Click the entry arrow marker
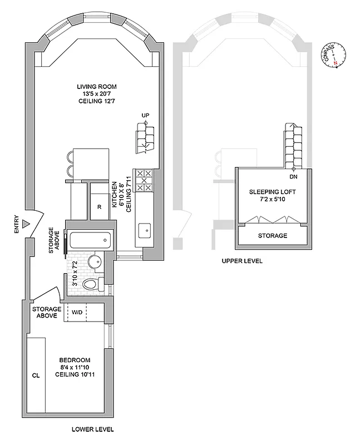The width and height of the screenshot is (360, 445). click(25, 224)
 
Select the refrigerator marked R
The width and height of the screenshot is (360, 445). click(98, 207)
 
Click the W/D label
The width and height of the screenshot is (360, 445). click(76, 312)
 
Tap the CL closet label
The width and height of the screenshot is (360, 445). click(36, 375)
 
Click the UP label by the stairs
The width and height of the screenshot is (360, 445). click(146, 116)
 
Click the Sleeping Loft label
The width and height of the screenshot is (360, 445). click(273, 195)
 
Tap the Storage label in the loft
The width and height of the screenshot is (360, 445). click(273, 236)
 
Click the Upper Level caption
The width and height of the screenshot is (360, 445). click(243, 261)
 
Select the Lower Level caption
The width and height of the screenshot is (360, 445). click(93, 429)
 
